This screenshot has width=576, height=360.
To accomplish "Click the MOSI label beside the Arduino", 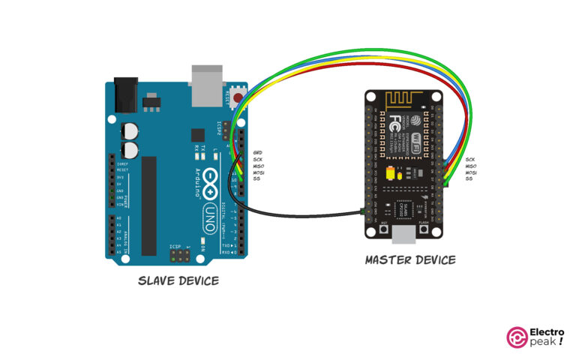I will (x=259, y=172).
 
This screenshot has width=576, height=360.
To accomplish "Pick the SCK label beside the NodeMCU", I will (x=469, y=160).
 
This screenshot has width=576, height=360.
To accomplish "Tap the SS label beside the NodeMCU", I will (x=469, y=178).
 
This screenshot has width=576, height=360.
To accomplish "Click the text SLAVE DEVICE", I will (x=178, y=281).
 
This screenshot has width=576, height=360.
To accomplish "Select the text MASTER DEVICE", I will (x=409, y=260).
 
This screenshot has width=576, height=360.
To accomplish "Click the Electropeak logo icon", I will (x=517, y=337).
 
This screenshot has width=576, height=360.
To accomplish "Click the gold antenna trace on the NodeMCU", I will (x=403, y=100).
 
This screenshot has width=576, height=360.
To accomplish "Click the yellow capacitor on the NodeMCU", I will (x=390, y=174).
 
